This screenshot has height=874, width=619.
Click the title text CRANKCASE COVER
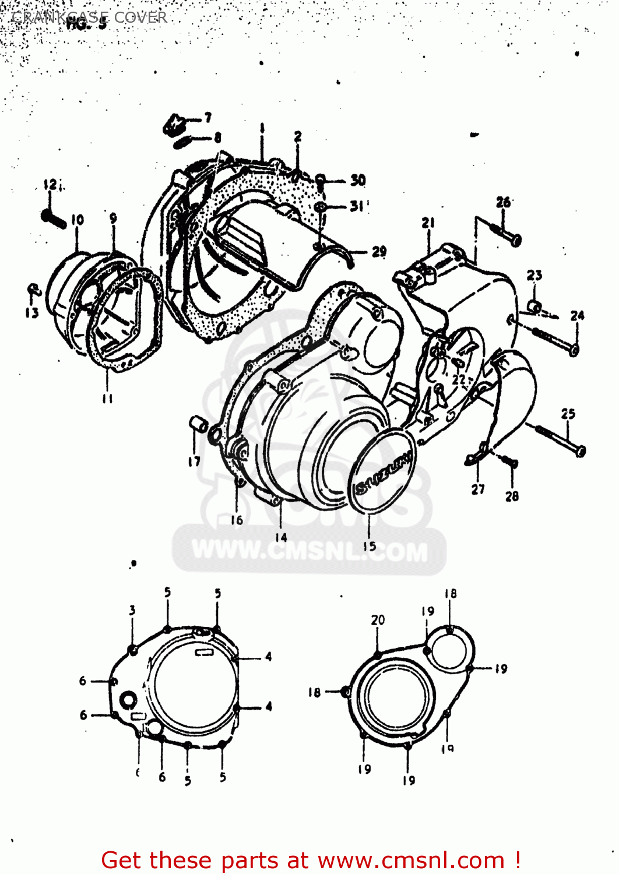[89, 17]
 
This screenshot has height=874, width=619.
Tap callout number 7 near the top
[207, 118]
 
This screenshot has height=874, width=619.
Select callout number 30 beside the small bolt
[358, 180]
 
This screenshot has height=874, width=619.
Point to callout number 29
[379, 251]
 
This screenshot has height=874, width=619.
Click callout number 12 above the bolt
[51, 185]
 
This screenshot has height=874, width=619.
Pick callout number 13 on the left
[31, 313]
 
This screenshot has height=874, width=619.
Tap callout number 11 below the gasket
[107, 399]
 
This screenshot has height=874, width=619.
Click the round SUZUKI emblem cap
[382, 471]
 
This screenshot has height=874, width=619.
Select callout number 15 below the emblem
[370, 546]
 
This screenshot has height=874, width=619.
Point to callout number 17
[194, 461]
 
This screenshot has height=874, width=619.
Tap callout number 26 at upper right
[503, 202]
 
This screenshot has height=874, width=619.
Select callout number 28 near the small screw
[512, 496]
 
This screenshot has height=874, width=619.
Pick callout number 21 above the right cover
[428, 222]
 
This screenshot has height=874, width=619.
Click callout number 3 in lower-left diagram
[132, 610]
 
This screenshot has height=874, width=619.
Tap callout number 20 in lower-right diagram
[378, 620]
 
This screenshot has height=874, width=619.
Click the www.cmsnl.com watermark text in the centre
[309, 551]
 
